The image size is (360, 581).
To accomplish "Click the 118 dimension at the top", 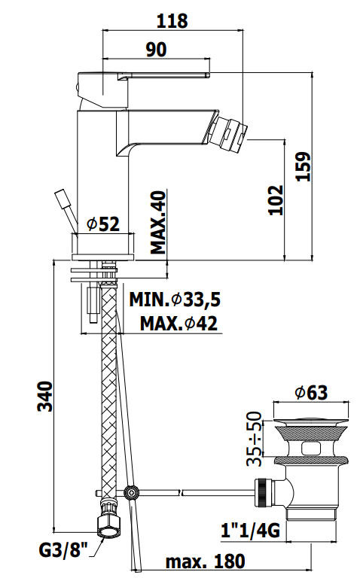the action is coord(172,21).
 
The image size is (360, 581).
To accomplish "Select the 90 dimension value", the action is coord(156,50).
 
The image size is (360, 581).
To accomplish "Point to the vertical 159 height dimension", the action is coord(303,166).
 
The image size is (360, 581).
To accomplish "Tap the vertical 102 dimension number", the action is coord(276,200).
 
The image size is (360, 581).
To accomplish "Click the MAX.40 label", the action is coord(158,222).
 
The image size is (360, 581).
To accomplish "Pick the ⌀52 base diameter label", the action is coord(103,224).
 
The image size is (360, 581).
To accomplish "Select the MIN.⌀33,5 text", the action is coord(175,300).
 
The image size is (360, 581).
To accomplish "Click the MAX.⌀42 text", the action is coord(178,324).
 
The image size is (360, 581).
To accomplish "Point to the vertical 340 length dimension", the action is coord(45,396).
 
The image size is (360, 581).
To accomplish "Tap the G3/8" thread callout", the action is coord(63,550).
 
